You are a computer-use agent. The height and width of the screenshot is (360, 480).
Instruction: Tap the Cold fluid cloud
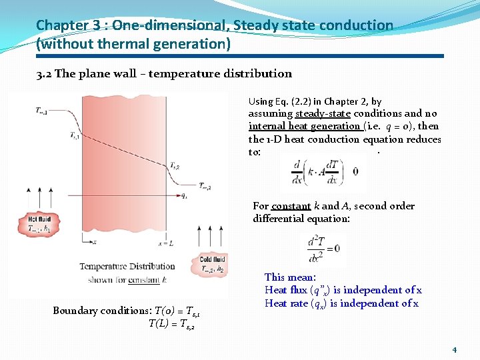212,264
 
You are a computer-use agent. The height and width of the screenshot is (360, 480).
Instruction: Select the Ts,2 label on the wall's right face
174,166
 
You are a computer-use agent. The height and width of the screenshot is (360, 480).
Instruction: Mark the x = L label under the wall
167,244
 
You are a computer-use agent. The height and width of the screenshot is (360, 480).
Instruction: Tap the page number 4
454,349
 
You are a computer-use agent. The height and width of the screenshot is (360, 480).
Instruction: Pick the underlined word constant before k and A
291,206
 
